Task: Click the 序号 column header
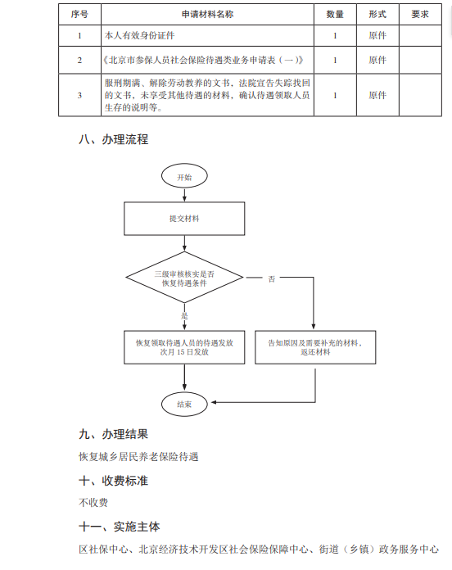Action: coord(79,14)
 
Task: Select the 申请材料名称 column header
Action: coord(207,14)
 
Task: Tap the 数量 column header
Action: coord(335,14)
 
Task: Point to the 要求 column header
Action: coord(420,14)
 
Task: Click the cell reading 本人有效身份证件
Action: coord(139,36)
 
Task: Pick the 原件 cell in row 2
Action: coord(377,60)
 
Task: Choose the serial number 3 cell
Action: coord(79,95)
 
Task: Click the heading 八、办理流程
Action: coord(113,139)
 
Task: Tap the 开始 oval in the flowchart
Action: coord(184,176)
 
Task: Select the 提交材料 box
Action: coord(184,219)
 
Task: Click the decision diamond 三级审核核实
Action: coord(184,278)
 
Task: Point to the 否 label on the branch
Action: coord(272,278)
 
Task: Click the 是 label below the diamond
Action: coord(184,315)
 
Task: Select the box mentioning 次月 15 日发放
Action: coord(184,347)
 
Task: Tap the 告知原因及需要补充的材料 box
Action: coord(315,347)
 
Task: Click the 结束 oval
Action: coord(184,404)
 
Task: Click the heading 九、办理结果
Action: coord(113,434)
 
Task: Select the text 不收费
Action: coord(93,503)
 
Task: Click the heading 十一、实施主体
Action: coord(120,527)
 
